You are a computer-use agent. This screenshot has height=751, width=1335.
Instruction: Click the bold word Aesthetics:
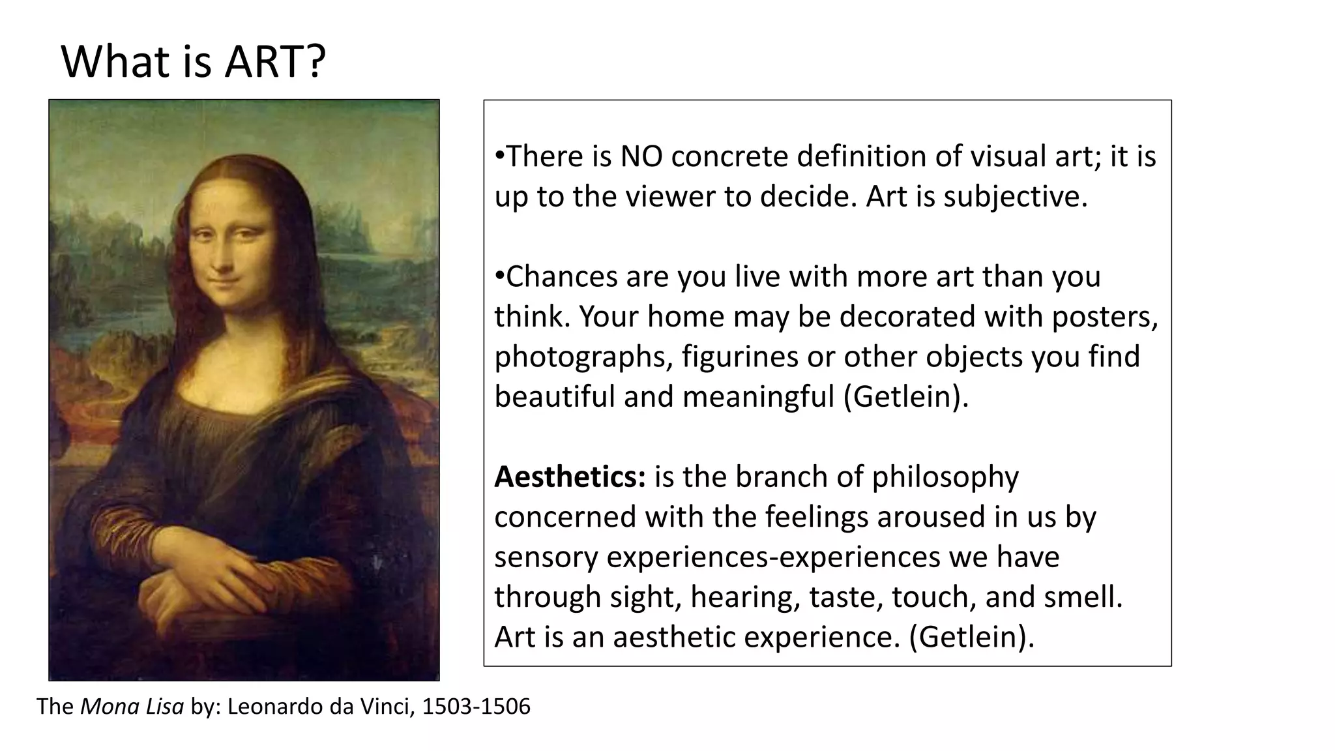[x=570, y=477]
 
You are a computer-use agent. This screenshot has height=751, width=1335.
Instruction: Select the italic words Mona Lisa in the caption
[x=132, y=706]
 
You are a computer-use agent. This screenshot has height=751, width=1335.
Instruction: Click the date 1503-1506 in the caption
[x=477, y=706]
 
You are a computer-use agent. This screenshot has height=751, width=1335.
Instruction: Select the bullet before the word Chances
[x=499, y=275]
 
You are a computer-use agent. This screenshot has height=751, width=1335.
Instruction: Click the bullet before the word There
[x=499, y=155]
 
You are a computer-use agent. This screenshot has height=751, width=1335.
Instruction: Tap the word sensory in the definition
[x=546, y=557]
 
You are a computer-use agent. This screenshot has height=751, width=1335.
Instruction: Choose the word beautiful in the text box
[x=553, y=396]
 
